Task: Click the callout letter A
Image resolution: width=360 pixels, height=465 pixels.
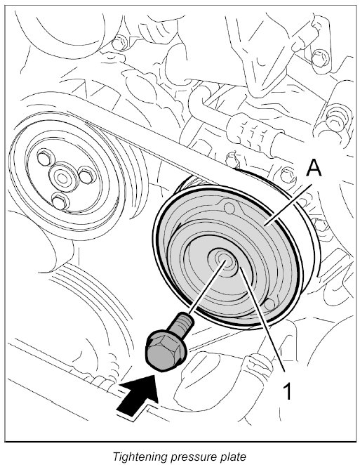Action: click(314, 168)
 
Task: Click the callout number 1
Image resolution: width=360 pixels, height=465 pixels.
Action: click(288, 391)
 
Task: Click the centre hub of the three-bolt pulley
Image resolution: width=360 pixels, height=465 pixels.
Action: click(62, 178)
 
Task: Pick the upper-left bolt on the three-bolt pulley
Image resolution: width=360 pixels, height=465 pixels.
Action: click(45, 157)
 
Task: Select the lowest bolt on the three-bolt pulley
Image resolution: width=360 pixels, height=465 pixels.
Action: click(60, 201)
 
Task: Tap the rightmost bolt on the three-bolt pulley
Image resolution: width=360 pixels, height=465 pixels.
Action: click(87, 176)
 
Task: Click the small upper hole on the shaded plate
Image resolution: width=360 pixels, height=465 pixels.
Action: click(229, 208)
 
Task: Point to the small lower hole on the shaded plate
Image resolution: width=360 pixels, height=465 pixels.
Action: click(269, 304)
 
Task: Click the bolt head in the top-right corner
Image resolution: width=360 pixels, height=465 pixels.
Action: click(320, 58)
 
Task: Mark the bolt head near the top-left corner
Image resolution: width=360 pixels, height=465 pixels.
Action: click(119, 44)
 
